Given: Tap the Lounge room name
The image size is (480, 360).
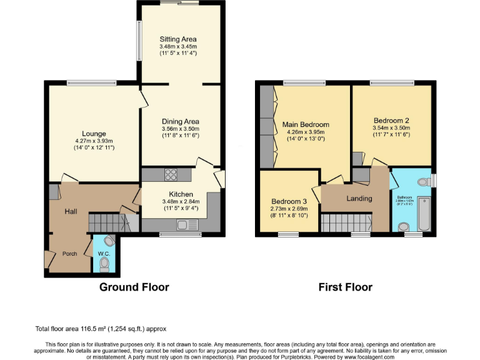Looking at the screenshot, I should (94, 133).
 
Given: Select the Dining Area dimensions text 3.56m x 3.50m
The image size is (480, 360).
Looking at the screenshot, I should (180, 129).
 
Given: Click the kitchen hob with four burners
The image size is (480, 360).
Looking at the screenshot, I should (170, 175).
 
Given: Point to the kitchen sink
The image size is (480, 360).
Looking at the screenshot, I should (184, 224).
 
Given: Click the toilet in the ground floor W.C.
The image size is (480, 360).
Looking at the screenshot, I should (104, 266).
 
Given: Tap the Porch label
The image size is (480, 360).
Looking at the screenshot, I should (70, 254).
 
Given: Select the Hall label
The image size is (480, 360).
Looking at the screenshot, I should (71, 212).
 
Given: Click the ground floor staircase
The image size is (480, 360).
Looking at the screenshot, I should (112, 222).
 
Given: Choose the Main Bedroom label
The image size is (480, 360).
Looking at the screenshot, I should (305, 124).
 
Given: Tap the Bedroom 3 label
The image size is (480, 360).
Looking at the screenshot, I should (288, 201).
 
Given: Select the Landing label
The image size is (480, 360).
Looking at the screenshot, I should (359, 199).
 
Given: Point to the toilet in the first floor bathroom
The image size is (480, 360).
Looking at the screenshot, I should (424, 182).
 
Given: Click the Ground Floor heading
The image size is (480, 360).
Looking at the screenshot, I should (134, 287).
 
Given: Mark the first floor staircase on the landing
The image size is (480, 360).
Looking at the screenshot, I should (346, 222).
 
